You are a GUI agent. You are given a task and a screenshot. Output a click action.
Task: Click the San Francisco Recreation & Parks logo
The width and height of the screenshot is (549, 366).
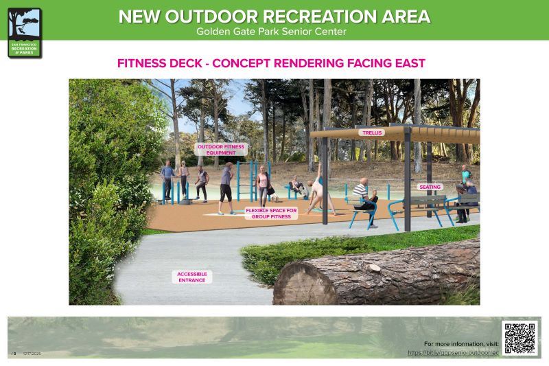click(x=25, y=32)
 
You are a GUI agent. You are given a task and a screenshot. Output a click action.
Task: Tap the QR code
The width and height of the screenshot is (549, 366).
click(x=520, y=338)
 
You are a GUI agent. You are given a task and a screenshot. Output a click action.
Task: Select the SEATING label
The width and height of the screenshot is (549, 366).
click(x=430, y=187)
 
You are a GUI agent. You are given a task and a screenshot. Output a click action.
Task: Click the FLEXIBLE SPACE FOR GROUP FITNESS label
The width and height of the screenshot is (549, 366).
click(x=271, y=213)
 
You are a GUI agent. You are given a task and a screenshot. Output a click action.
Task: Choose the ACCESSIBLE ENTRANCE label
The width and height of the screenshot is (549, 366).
click(x=191, y=277)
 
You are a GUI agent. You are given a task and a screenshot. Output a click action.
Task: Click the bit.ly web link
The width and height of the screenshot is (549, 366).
click(x=453, y=352)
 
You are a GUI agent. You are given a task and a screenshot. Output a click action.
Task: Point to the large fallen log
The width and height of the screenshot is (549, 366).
click(x=377, y=275)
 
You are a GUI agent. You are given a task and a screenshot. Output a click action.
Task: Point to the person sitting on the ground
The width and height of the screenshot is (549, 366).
click(x=296, y=185)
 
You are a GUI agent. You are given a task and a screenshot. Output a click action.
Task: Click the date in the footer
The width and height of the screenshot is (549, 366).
click(x=32, y=354)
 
